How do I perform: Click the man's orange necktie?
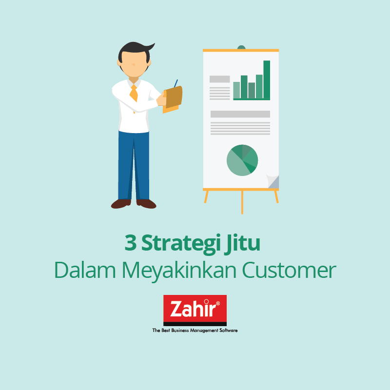click(x=134, y=93)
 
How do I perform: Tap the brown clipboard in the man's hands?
click(x=174, y=97)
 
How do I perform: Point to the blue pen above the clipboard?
click(x=176, y=83)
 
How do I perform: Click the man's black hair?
click(x=135, y=50)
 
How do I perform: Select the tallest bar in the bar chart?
click(x=267, y=79)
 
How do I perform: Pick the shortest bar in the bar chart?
click(x=252, y=90)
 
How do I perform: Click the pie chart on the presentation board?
click(x=242, y=160)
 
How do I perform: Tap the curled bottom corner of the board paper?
click(x=273, y=181)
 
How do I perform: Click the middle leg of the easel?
click(x=242, y=202)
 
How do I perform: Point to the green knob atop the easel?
click(x=241, y=47)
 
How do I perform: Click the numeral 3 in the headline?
click(x=131, y=242)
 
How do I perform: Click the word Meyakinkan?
click(x=179, y=271)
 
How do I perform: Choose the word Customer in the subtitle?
click(x=289, y=270)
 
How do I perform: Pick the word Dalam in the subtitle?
click(x=85, y=270)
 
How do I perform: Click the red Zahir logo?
click(x=195, y=310)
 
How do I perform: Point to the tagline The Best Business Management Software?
click(x=195, y=331)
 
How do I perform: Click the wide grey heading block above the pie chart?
click(x=240, y=114)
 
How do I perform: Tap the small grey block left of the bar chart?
click(x=220, y=79)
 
